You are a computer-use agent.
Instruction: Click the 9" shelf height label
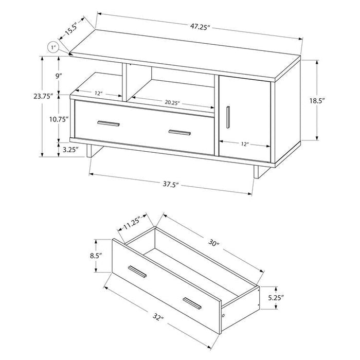tap(60, 76)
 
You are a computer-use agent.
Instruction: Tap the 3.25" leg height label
tap(70, 150)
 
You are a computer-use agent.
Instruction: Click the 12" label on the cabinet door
tap(244, 145)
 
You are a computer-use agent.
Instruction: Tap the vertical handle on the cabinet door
tap(226, 116)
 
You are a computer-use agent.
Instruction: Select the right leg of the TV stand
tap(255, 172)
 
